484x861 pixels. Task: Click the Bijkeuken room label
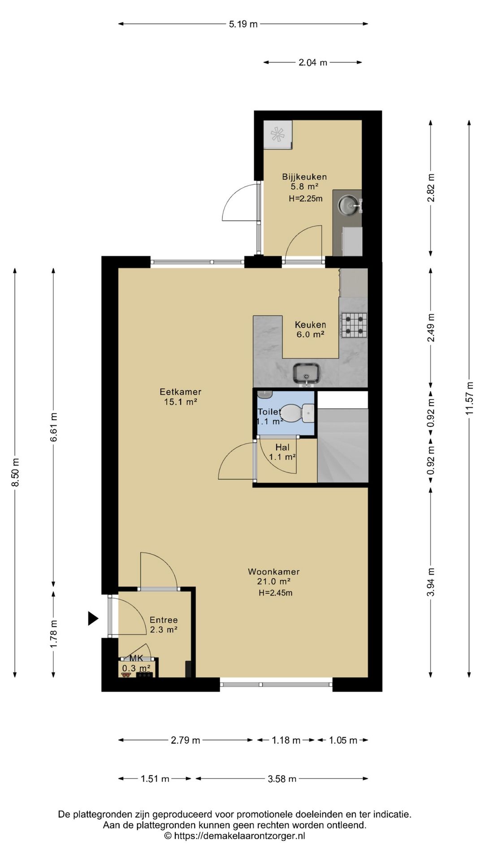pos(304,177)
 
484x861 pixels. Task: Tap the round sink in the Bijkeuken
pos(348,205)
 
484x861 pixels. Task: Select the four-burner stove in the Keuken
pos(354,325)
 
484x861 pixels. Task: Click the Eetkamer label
pos(181,392)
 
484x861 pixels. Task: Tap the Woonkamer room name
pos(274,572)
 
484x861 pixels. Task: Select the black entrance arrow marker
pos(93,619)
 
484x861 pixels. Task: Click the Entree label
pos(164,620)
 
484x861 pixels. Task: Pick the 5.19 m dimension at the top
pos(243,24)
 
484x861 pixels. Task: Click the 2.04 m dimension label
pos(313,62)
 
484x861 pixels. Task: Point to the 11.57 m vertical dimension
pos(470,398)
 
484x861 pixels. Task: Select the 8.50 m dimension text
pos(15,472)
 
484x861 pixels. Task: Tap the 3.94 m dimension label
pos(431,582)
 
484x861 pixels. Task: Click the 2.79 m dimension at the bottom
pos(186,740)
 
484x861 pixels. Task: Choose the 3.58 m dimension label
pos(282,779)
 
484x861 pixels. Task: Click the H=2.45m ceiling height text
pos(276,593)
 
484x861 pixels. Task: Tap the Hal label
pos(282,447)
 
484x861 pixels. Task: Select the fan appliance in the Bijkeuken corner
pos(277,134)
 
